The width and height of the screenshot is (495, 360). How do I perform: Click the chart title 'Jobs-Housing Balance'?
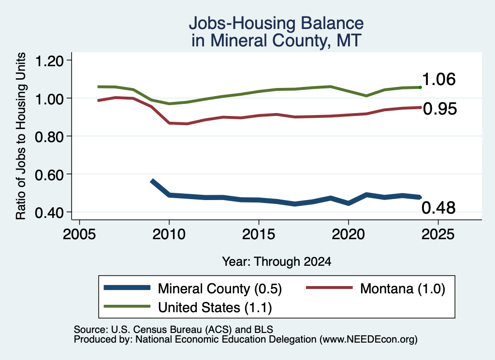coord(276,23)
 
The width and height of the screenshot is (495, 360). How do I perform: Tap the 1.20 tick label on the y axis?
coord(49,60)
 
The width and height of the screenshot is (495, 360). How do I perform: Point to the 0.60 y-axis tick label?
coord(49,174)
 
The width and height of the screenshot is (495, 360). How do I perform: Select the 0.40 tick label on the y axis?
coord(49,213)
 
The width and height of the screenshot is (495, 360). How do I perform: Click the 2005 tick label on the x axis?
coord(80,234)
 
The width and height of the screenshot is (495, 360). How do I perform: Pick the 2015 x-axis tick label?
coord(259,234)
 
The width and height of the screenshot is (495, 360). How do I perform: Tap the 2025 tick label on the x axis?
coord(438,234)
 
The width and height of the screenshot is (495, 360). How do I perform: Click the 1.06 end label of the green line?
coord(439,79)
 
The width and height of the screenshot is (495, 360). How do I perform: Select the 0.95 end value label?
coord(440,109)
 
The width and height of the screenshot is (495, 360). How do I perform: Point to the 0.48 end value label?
coord(438,208)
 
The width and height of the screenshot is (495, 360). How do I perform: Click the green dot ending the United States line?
coord(420,87)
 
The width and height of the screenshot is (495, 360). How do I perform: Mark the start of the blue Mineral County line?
coord(152,181)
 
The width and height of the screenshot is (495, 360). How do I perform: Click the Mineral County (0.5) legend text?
coord(220,288)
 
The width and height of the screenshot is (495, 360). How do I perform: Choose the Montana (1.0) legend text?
coord(403,288)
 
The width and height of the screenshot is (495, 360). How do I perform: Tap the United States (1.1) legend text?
coord(215,307)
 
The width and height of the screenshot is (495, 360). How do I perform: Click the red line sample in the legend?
coord(329,288)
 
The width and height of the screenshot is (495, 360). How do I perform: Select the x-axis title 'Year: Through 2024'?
coord(277,261)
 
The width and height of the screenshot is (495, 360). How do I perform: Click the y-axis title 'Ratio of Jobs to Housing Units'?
coord(21,136)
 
